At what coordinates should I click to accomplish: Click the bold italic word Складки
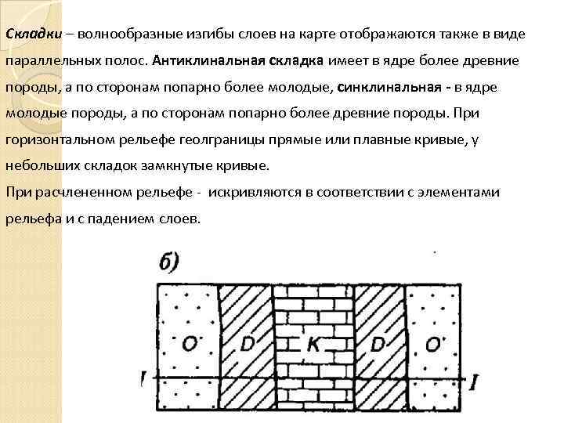pyautogui.click(x=31, y=35)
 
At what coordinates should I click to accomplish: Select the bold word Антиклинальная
pyautogui.click(x=202, y=61)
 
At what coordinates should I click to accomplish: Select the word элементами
pyautogui.click(x=485, y=192)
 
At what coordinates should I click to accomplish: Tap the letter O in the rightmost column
pyautogui.click(x=432, y=345)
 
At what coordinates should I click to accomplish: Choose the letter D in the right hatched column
pyautogui.click(x=375, y=345)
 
